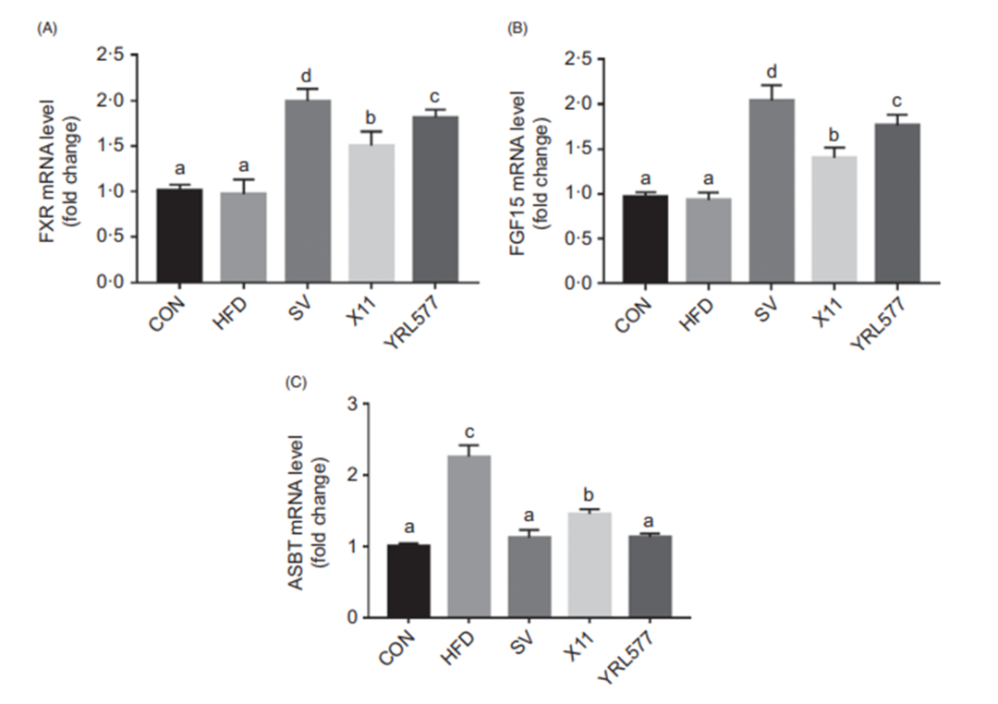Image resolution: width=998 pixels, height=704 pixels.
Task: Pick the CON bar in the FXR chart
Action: click(x=179, y=236)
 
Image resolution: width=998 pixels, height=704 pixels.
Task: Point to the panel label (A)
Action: click(x=47, y=30)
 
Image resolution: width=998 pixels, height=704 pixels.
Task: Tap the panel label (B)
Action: click(x=519, y=30)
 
